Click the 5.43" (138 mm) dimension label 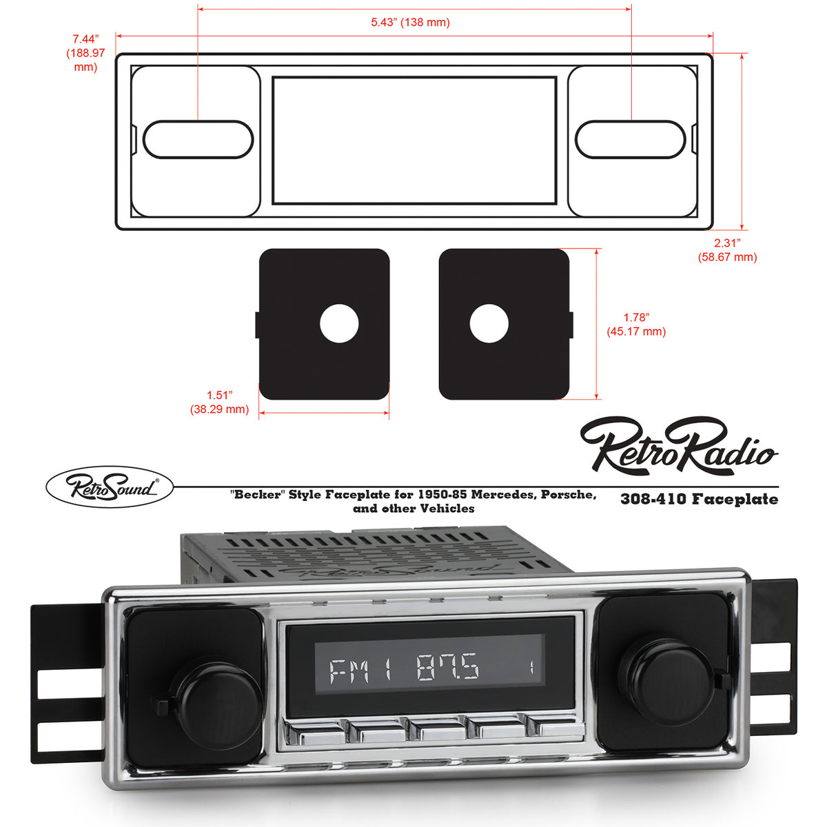[410, 22]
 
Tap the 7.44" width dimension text [86, 53]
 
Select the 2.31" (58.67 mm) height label [727, 250]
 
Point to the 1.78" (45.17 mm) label [636, 325]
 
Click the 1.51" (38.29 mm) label [219, 402]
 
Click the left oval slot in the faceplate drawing [198, 139]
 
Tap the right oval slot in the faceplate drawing [631, 139]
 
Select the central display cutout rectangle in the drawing [414, 141]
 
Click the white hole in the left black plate [340, 323]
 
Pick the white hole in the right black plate [489, 323]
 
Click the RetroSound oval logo [110, 487]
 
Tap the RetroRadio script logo [679, 446]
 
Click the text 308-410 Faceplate [699, 499]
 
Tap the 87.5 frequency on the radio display [448, 669]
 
